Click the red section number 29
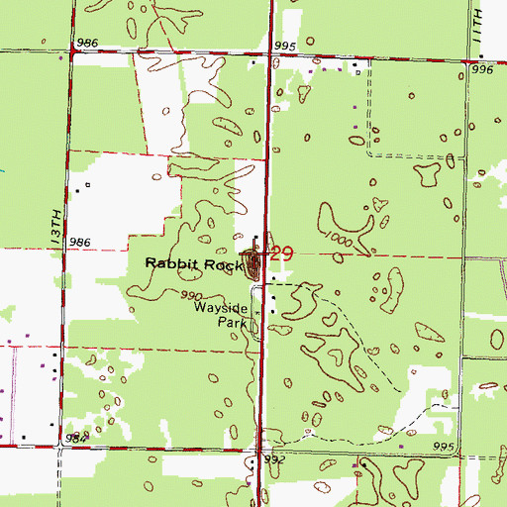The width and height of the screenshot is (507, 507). pos(281,254)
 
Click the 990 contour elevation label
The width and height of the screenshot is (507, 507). pos(191,296)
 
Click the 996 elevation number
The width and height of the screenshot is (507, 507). pos(482,70)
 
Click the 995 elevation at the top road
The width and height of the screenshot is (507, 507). pos(285,46)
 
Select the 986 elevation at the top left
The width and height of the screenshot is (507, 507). pos(86,44)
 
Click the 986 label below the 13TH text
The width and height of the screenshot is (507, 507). pos(81,242)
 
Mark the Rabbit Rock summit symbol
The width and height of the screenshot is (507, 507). pos(255,263)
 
